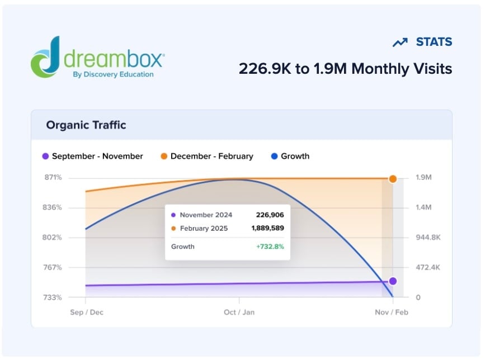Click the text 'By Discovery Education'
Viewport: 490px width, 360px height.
click(x=112, y=74)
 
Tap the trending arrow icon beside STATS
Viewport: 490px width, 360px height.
click(x=400, y=42)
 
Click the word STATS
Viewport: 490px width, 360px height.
click(x=434, y=42)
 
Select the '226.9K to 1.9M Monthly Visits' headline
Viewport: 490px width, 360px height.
click(x=345, y=69)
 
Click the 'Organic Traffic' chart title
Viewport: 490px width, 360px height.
click(x=86, y=125)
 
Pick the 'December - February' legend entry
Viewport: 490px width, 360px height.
click(x=206, y=156)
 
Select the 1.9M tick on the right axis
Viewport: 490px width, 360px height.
click(x=423, y=178)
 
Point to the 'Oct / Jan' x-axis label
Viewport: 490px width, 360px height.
click(x=239, y=312)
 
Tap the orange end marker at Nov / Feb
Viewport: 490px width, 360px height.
click(x=393, y=179)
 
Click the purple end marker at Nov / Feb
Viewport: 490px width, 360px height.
click(x=393, y=281)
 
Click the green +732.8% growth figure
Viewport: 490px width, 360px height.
click(x=270, y=247)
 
